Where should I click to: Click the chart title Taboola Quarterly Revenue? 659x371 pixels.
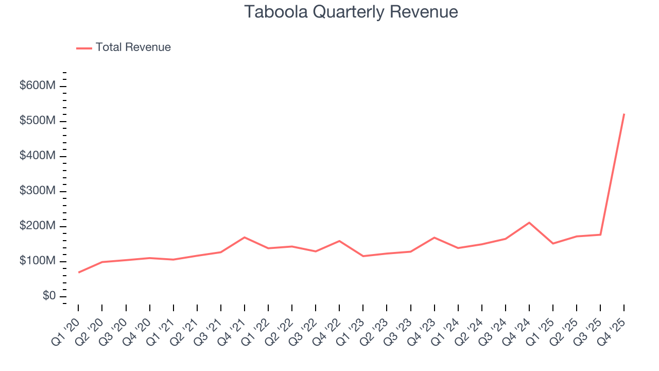tap(351, 11)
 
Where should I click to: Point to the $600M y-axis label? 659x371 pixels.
tap(38, 86)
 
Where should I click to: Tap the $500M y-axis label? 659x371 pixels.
tap(38, 121)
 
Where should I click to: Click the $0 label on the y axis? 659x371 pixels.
tap(49, 296)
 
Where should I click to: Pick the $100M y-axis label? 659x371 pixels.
tap(38, 261)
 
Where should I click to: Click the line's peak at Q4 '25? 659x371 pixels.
tap(624, 114)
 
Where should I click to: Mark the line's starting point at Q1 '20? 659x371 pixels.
tap(78, 272)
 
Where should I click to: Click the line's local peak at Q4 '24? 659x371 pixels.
tap(529, 223)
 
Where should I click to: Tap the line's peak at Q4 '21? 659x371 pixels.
tap(244, 238)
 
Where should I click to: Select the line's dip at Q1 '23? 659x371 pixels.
tap(363, 256)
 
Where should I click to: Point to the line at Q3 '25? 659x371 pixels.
tap(600, 234)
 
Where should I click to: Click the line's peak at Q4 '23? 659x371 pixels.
tap(434, 238)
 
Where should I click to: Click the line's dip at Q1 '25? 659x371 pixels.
tap(553, 243)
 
